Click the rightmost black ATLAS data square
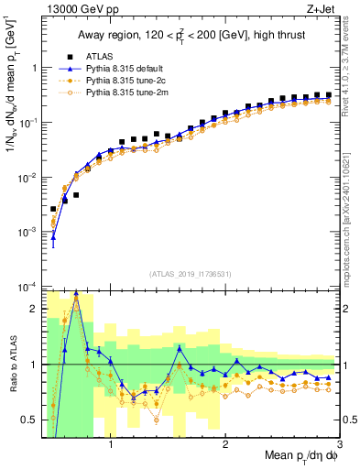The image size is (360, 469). (x=328, y=94)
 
